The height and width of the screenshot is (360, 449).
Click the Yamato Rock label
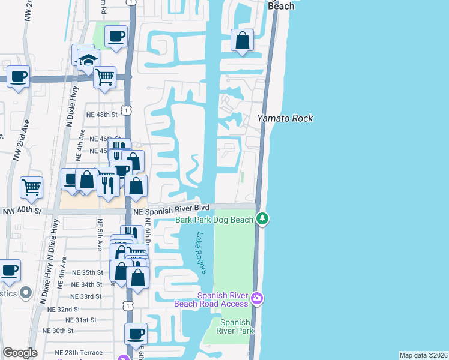point(285,118)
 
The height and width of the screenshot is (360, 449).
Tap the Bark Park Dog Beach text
point(214,220)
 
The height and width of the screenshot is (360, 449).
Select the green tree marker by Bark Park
point(262,219)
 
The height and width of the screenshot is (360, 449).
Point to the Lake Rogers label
point(201,253)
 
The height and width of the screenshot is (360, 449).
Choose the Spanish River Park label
point(235,326)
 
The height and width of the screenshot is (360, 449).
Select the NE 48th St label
point(100,115)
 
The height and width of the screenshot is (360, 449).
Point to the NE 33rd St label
point(86,296)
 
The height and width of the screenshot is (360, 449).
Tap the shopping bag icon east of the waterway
point(242,41)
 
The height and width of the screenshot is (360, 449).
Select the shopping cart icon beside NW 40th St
point(31,187)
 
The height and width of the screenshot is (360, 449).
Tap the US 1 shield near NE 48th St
point(126,110)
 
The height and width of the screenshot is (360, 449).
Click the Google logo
point(20,353)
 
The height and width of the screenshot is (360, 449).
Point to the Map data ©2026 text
point(423,355)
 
